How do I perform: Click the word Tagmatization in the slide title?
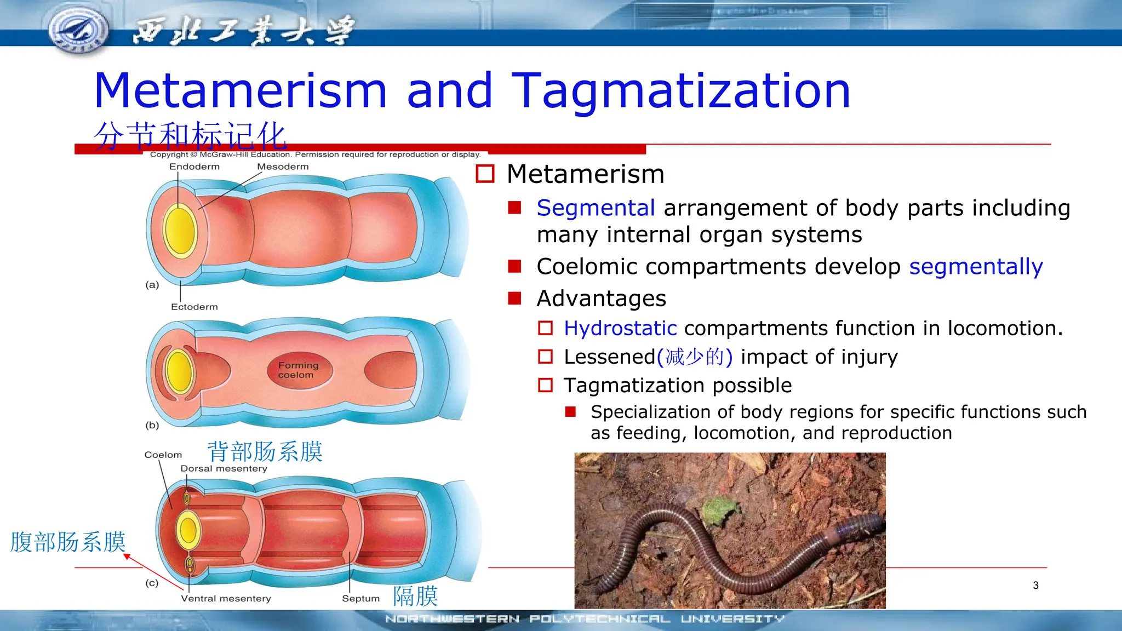(x=680, y=90)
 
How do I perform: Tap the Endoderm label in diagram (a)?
(x=194, y=167)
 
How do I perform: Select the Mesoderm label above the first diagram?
(x=283, y=167)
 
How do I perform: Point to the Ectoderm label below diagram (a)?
(x=194, y=307)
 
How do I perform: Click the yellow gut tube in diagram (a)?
(x=180, y=231)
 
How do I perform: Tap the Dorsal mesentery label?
(x=224, y=468)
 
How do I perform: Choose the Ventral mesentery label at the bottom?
(x=226, y=599)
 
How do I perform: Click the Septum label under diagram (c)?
(x=360, y=599)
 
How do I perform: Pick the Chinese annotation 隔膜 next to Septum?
(x=415, y=596)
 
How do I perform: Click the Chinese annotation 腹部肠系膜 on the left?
(x=68, y=542)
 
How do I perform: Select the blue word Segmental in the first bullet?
(x=596, y=208)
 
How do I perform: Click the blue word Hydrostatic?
(x=620, y=328)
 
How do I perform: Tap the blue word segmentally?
(x=976, y=267)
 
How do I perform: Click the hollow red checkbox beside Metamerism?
(x=485, y=174)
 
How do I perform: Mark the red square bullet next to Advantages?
(x=514, y=298)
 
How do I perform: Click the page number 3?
(x=1035, y=585)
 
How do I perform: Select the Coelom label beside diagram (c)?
(x=163, y=455)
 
